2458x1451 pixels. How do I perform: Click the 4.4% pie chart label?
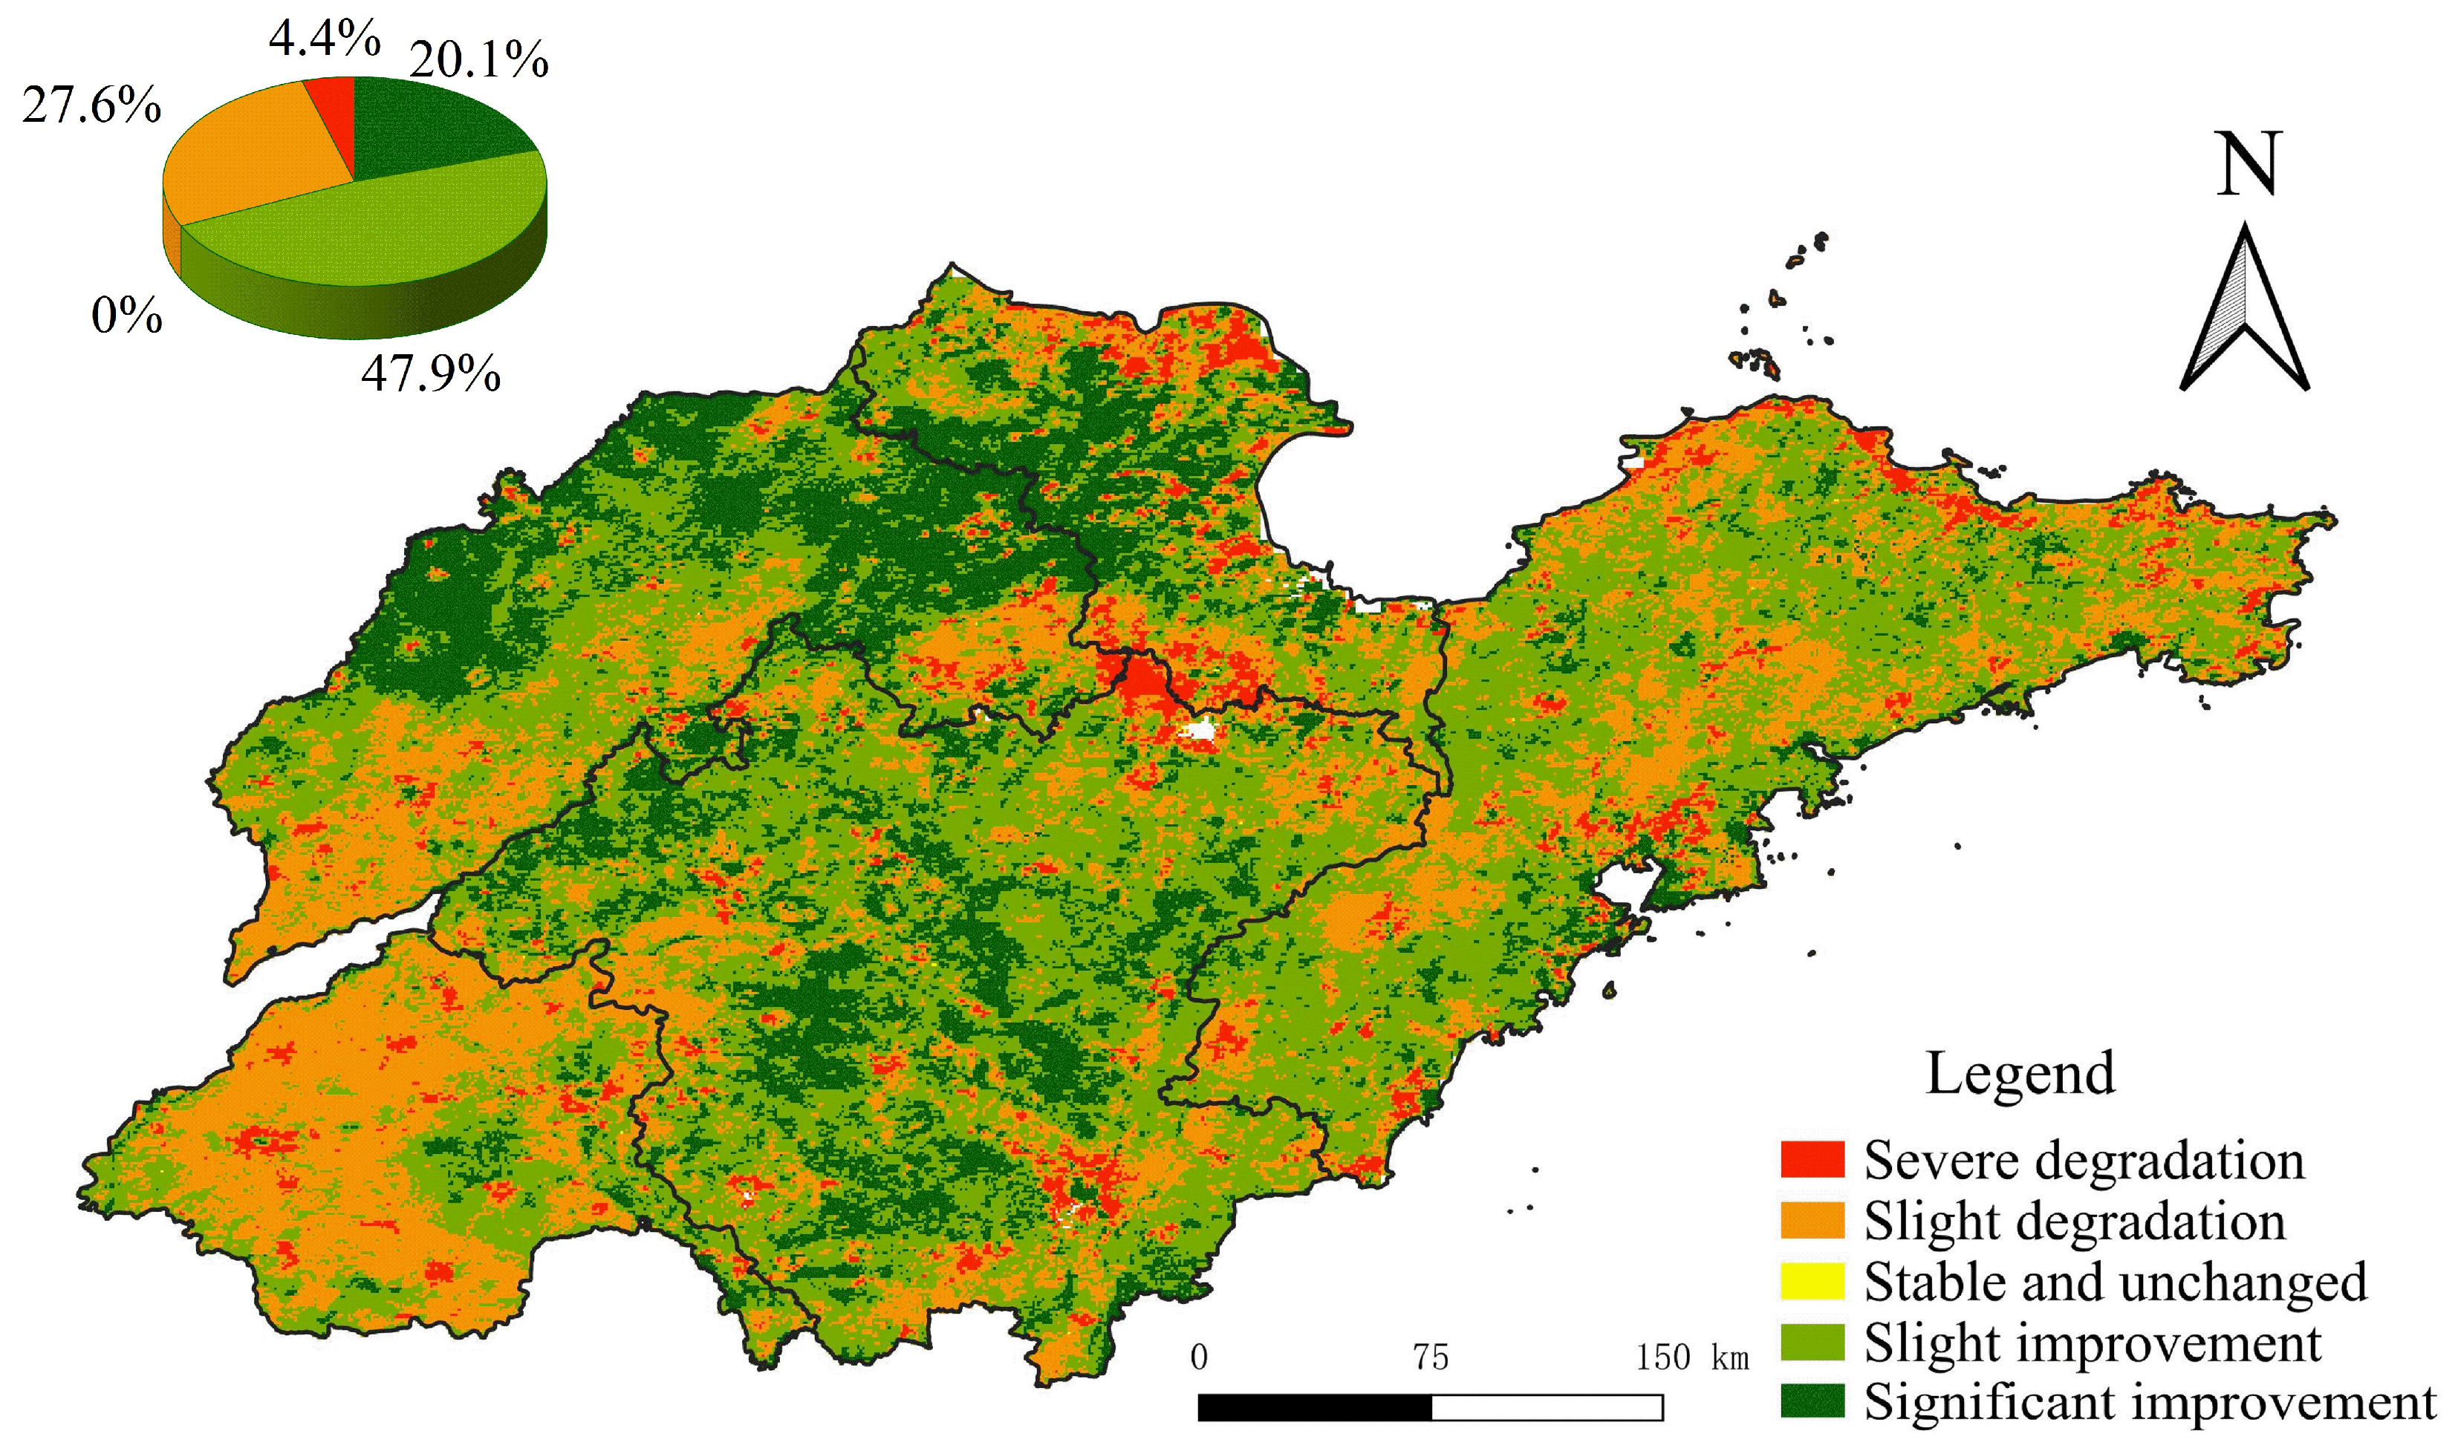tap(324, 39)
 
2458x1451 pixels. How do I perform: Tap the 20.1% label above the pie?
tap(478, 59)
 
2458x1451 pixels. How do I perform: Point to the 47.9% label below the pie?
tap(430, 374)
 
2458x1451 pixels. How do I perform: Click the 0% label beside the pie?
tap(126, 316)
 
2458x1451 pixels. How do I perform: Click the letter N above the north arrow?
tap(2247, 164)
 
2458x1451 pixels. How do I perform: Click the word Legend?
tap(2019, 1074)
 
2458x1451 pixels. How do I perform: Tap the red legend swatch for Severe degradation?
tap(1812, 1160)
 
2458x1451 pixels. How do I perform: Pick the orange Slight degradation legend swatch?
tap(1812, 1220)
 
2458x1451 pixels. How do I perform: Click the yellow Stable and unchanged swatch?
tap(1812, 1281)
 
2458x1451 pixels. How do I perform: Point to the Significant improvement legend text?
tap(2149, 1402)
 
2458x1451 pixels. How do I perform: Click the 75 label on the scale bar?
tap(1430, 1357)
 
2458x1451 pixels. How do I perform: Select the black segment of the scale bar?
tap(1313, 1408)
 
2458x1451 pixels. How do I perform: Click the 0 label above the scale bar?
tap(1199, 1357)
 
